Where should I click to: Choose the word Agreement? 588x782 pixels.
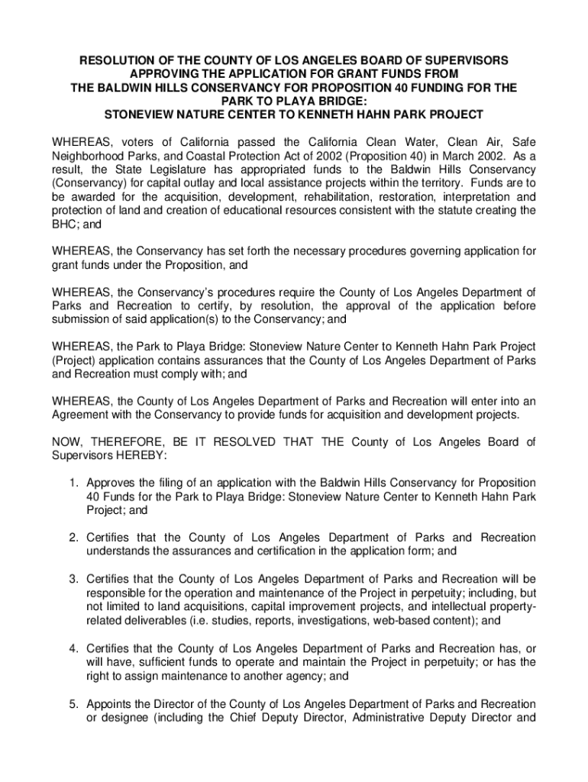click(81, 415)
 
